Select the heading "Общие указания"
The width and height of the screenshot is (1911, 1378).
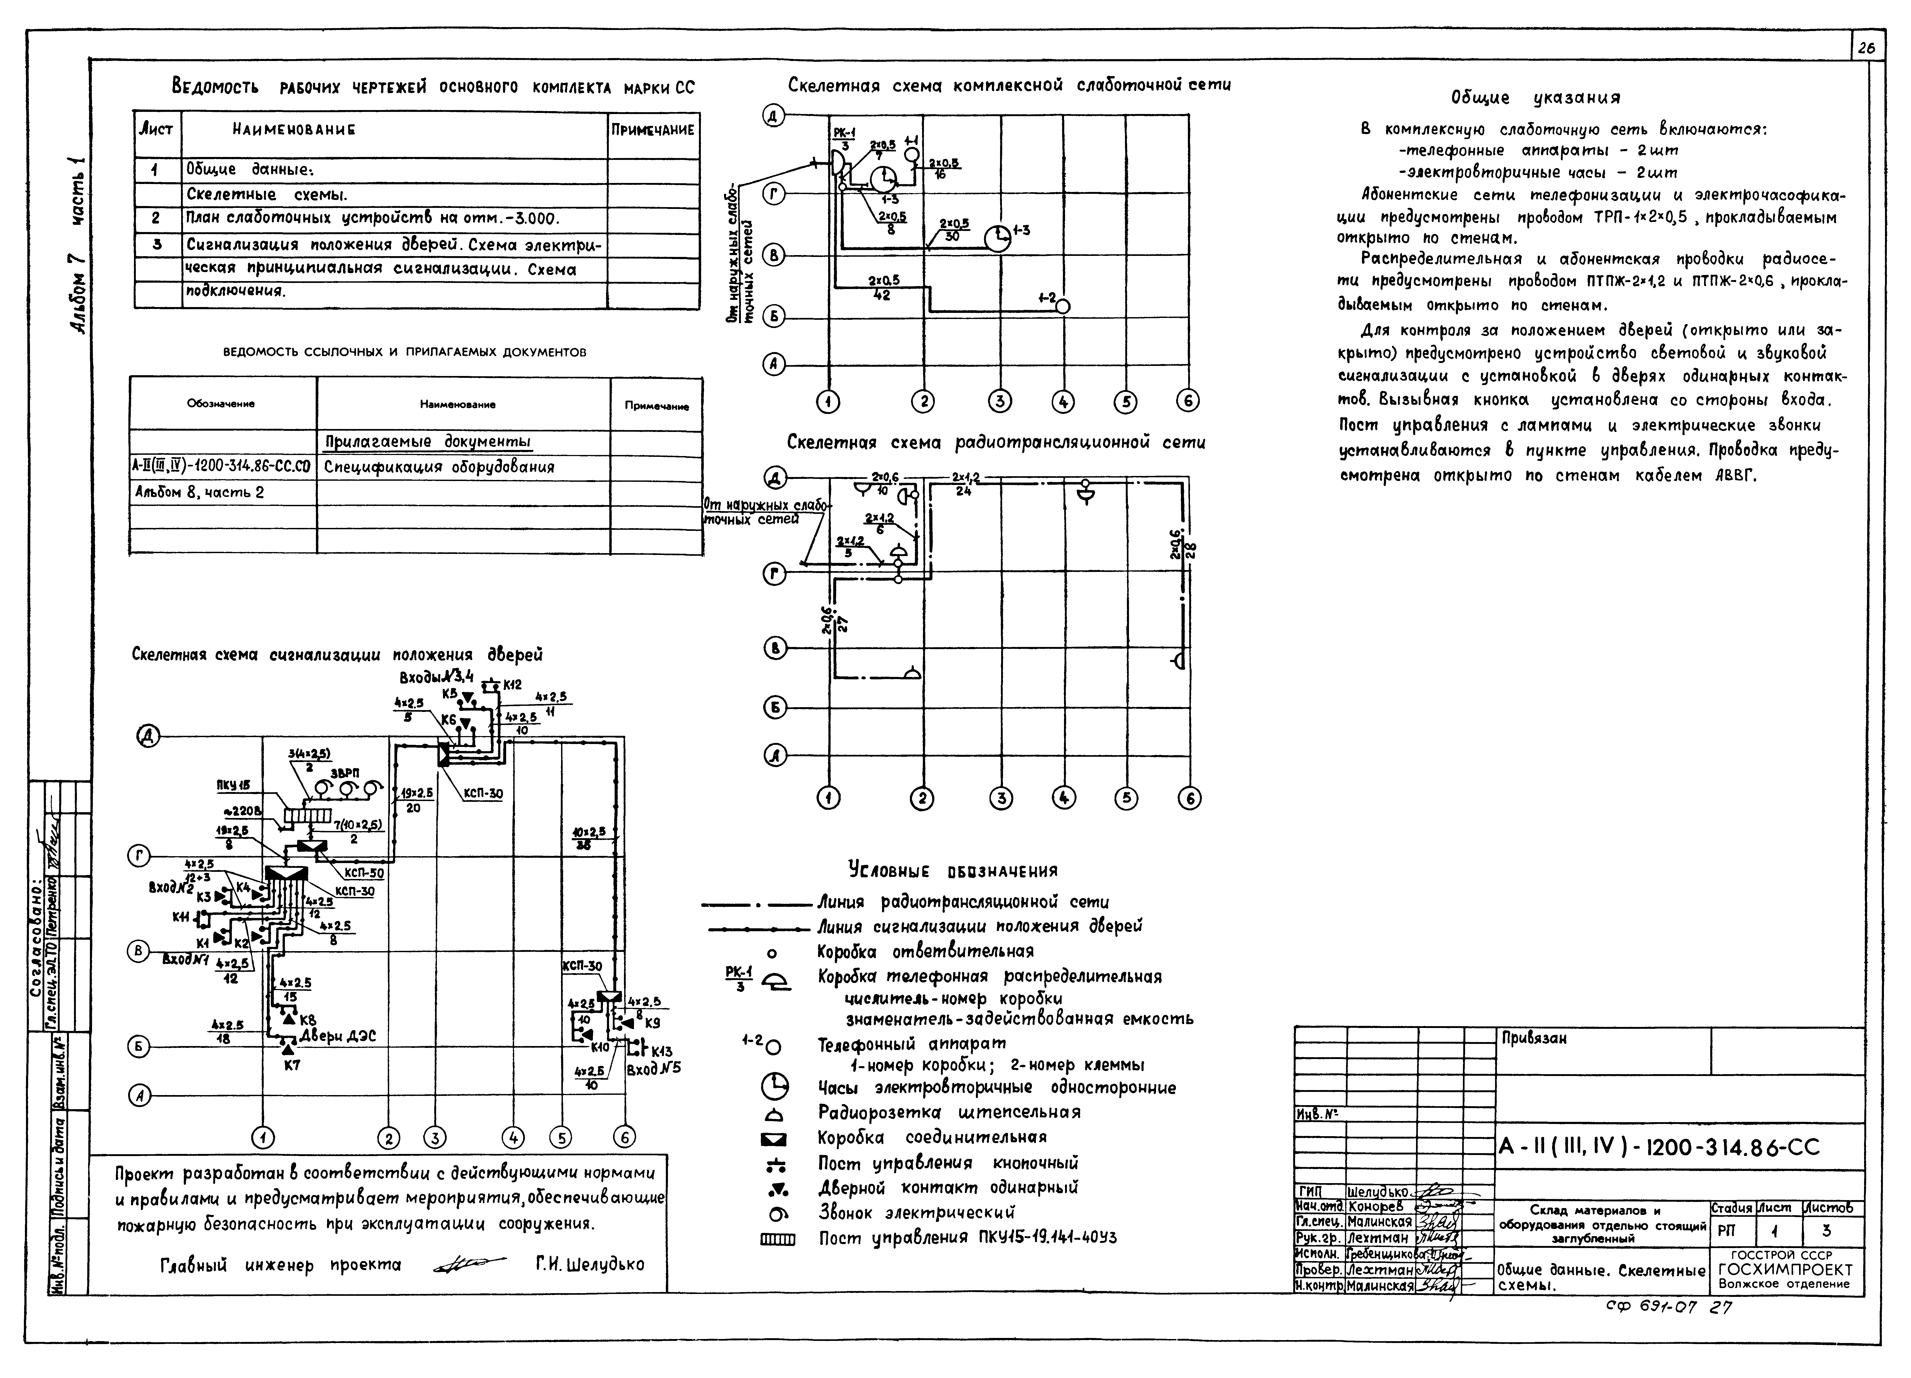click(1535, 98)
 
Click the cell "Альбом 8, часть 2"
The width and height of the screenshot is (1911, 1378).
click(200, 492)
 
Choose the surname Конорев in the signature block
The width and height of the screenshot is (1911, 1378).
click(1377, 1206)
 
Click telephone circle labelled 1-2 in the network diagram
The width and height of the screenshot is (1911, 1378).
click(1062, 307)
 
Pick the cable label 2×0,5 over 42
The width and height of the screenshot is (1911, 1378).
click(883, 287)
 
